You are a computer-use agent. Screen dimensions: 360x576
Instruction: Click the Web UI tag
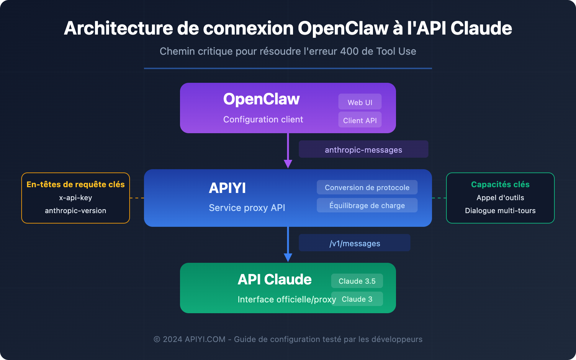click(x=360, y=102)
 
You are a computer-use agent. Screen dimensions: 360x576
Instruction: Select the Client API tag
click(x=360, y=120)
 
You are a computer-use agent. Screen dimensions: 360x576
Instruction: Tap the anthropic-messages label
click(x=363, y=149)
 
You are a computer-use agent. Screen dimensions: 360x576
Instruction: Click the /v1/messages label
click(x=355, y=243)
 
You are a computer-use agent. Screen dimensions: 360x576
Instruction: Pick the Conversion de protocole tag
click(x=367, y=187)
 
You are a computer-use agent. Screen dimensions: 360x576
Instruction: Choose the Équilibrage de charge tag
click(x=367, y=205)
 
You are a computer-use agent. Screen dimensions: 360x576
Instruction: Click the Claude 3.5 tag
click(x=357, y=281)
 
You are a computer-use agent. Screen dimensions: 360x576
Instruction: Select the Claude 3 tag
click(x=357, y=299)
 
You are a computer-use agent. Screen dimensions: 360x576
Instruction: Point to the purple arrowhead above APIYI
click(x=288, y=164)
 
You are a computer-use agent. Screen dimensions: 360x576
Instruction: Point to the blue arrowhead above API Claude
click(x=288, y=257)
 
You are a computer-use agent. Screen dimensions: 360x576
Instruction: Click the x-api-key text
click(x=76, y=198)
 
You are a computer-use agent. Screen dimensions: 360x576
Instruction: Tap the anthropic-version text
click(x=76, y=211)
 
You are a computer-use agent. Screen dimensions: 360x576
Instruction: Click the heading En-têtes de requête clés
click(x=76, y=184)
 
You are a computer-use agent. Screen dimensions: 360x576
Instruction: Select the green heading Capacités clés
click(x=500, y=184)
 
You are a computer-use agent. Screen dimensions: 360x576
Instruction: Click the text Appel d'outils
click(x=500, y=198)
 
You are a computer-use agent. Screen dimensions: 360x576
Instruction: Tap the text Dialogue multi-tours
click(x=500, y=211)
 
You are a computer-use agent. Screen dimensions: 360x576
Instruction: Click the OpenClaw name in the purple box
click(x=261, y=99)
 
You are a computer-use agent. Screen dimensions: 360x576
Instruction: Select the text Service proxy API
click(x=247, y=208)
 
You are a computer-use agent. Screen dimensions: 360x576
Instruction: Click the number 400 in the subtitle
click(x=349, y=51)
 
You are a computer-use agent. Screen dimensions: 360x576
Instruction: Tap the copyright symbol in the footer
click(x=157, y=339)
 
